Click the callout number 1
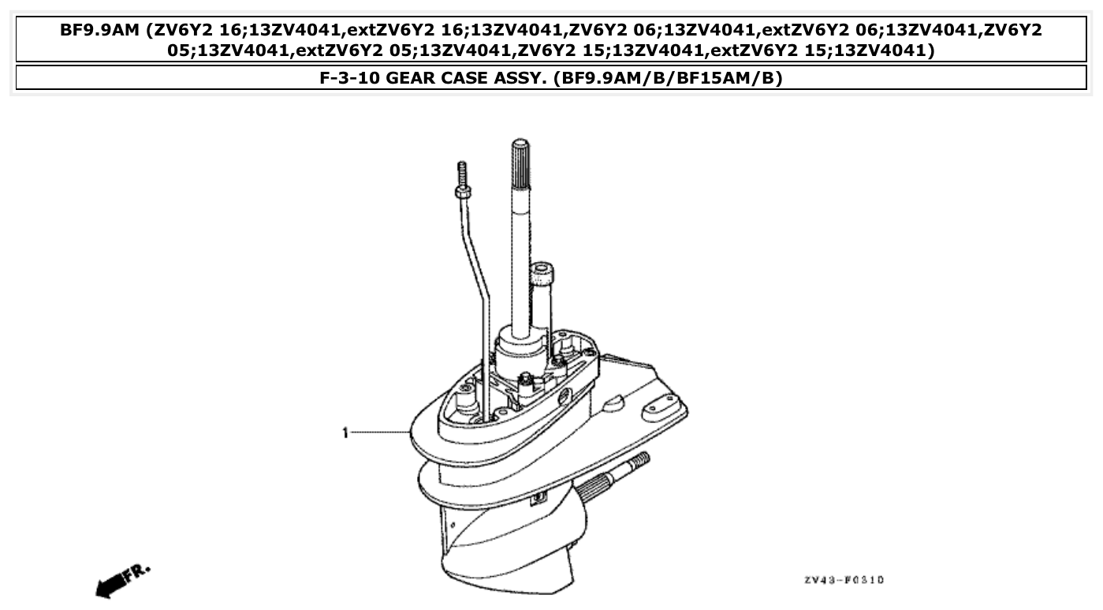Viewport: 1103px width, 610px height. [345, 433]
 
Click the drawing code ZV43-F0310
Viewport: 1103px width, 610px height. [844, 580]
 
